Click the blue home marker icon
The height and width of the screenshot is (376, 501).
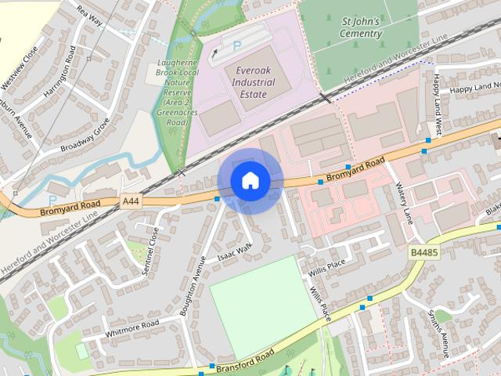point(250,181)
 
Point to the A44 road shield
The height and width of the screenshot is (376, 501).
point(131,202)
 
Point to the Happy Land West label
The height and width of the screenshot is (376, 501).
point(438,107)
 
